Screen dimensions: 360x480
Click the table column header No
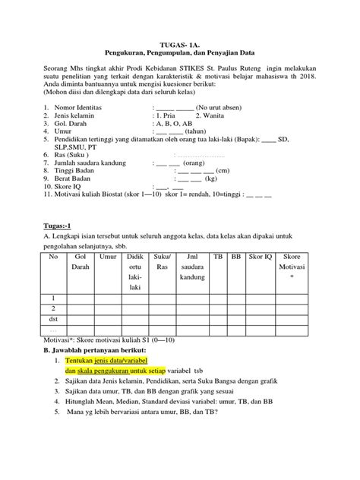click(54, 259)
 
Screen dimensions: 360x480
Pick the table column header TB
click(219, 259)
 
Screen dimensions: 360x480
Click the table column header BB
click(236, 259)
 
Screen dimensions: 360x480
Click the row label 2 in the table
click(54, 309)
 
